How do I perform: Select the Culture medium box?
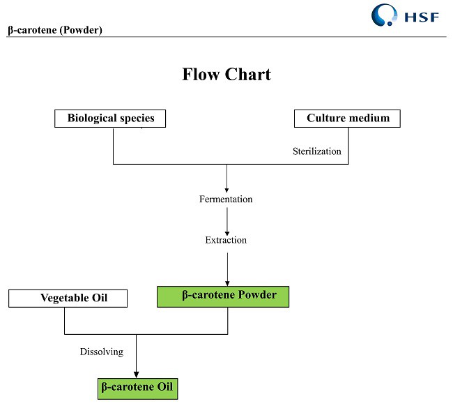click(347, 119)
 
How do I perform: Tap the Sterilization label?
click(316, 151)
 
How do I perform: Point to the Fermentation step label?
click(226, 200)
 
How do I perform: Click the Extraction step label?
click(226, 240)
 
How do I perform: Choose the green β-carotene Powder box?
click(223, 296)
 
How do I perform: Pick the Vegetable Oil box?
click(68, 299)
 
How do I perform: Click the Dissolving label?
click(102, 352)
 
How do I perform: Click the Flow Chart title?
click(227, 74)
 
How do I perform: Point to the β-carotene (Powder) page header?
click(55, 30)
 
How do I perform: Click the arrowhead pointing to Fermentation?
click(227, 189)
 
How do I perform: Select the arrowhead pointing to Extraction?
click(227, 231)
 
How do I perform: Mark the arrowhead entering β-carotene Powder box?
click(227, 283)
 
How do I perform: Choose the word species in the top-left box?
click(137, 119)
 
